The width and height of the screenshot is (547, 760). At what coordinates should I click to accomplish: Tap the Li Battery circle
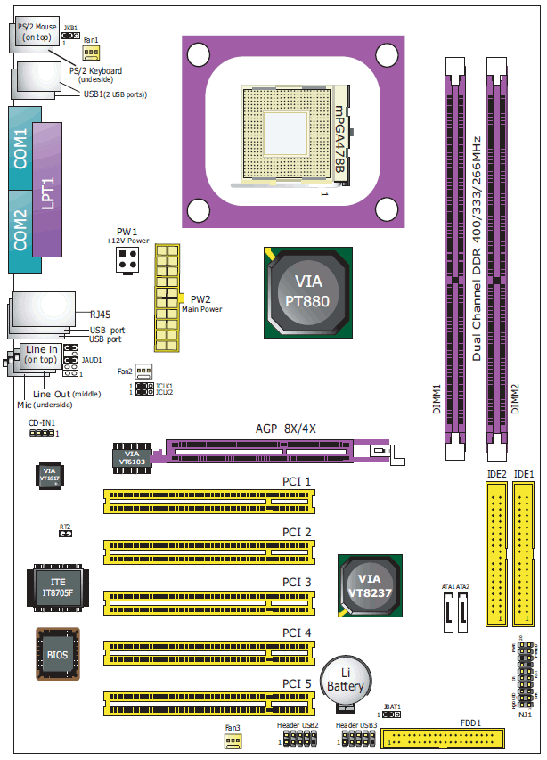346,681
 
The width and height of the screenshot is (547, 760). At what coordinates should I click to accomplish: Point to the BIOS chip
56,655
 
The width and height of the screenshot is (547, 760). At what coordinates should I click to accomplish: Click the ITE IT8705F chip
57,587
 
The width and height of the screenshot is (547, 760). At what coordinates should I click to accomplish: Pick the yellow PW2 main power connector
167,298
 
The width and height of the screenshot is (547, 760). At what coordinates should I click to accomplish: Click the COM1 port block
21,148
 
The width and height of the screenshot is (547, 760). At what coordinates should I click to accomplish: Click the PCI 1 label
297,482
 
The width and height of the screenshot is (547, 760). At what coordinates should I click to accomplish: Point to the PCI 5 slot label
297,683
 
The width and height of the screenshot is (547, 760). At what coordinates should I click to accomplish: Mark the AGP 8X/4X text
286,429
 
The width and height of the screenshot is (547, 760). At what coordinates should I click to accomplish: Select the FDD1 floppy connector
440,737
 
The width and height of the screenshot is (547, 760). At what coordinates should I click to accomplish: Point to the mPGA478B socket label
339,143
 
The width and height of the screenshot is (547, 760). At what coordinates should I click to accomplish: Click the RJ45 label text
99,314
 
